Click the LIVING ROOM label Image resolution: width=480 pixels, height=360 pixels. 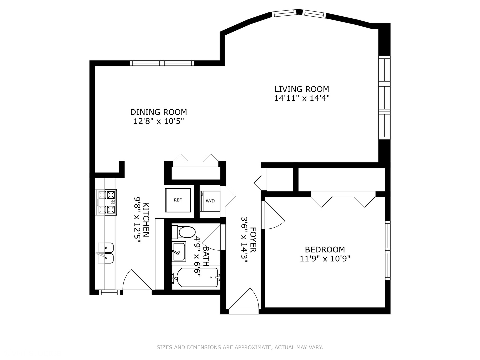point(302,89)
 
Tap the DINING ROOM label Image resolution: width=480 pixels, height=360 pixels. point(158,112)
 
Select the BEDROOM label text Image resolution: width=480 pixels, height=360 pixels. point(325,249)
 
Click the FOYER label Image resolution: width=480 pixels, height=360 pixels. point(253,240)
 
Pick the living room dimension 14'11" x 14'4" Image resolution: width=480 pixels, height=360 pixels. point(302,98)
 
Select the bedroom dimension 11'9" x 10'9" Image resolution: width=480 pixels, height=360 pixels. point(325,258)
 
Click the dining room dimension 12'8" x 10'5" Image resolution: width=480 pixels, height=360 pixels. point(159,121)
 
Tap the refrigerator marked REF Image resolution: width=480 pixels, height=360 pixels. point(178,200)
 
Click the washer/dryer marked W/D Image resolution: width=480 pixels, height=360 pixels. point(210,201)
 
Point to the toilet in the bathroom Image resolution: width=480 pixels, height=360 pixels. point(184,232)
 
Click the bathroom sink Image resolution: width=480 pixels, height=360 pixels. point(179,251)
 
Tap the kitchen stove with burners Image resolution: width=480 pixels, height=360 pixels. point(107,202)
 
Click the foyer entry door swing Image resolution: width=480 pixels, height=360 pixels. point(245,300)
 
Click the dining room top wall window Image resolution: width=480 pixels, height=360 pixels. point(162,63)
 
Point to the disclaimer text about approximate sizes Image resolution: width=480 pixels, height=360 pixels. point(240,347)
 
